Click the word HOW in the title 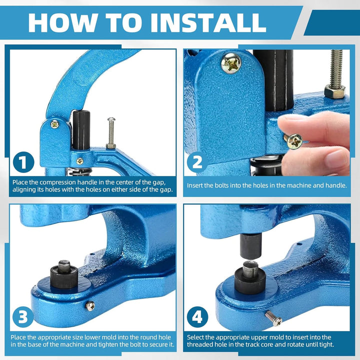(x=62, y=22)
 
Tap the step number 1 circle (x=23, y=162)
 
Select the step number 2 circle (x=197, y=162)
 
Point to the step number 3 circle (x=23, y=317)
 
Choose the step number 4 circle (x=197, y=317)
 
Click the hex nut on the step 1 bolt (x=111, y=146)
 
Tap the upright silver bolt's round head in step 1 (x=111, y=119)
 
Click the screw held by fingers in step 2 (x=293, y=141)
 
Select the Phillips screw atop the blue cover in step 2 (x=231, y=63)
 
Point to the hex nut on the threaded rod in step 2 (x=334, y=91)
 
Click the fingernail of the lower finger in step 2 (x=337, y=158)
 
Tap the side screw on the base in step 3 (x=90, y=306)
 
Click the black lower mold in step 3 (x=64, y=275)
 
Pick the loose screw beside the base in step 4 (x=273, y=318)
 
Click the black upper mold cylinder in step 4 (x=250, y=245)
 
